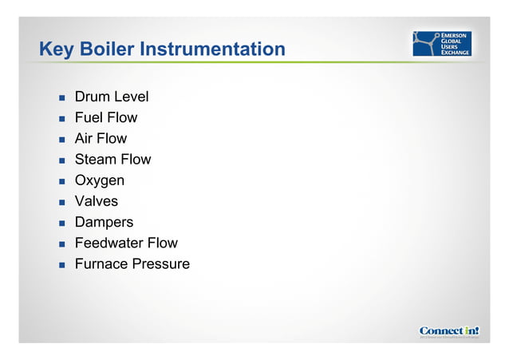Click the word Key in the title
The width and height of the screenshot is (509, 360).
(x=56, y=49)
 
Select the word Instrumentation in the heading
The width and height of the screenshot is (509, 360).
(x=212, y=49)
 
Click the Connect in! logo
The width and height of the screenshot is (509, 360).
(x=449, y=330)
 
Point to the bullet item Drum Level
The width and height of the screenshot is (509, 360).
(x=111, y=97)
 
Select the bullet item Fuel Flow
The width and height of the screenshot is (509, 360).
(x=105, y=118)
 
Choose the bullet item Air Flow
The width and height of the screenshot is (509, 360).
(x=101, y=139)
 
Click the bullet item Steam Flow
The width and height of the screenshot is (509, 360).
(x=112, y=160)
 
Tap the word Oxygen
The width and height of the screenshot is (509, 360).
(x=99, y=180)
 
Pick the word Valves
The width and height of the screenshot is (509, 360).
(x=96, y=201)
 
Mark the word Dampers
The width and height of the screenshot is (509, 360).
(x=104, y=222)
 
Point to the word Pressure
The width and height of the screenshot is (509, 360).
(x=162, y=263)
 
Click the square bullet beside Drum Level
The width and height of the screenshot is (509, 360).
(x=61, y=98)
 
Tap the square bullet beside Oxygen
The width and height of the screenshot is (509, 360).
(x=61, y=181)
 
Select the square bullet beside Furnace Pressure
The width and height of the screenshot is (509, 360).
(x=61, y=264)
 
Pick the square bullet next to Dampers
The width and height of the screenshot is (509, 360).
(x=61, y=223)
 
